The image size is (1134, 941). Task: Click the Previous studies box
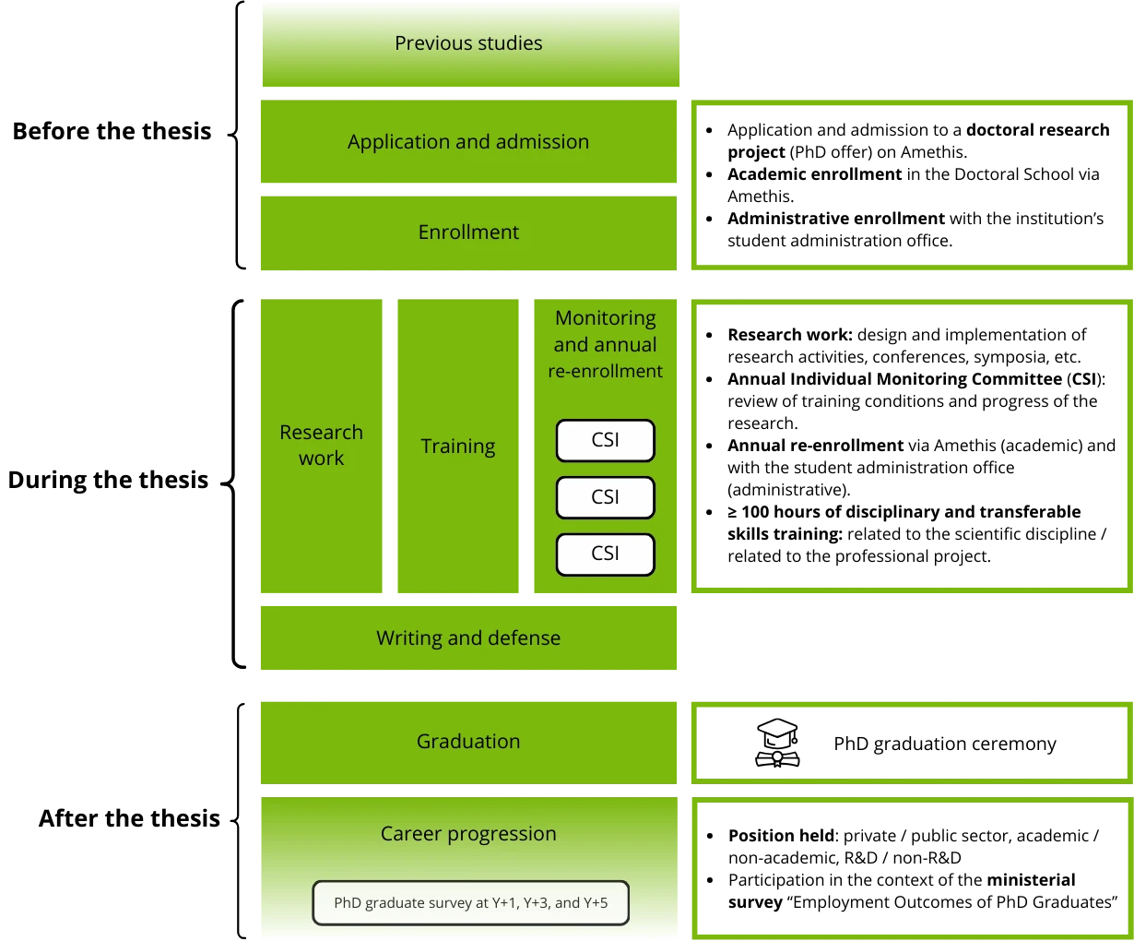468,43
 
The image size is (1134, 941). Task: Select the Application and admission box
468,142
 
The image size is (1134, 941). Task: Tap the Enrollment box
468,232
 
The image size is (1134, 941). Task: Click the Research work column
321,446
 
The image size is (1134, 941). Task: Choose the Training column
458,447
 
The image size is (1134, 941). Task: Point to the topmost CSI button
606,440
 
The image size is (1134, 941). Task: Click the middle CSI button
606,497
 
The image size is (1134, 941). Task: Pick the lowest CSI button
606,554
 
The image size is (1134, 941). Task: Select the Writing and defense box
468,638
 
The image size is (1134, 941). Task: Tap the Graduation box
468,742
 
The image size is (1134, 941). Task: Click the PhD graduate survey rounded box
470,903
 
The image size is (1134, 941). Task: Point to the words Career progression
468,834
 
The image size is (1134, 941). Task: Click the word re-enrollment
606,372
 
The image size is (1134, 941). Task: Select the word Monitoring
606,318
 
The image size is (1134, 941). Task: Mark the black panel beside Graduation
911,743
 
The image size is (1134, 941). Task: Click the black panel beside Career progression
911,866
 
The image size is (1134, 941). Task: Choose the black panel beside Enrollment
911,185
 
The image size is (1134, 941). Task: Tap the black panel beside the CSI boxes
911,447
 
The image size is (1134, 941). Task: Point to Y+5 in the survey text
595,903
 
